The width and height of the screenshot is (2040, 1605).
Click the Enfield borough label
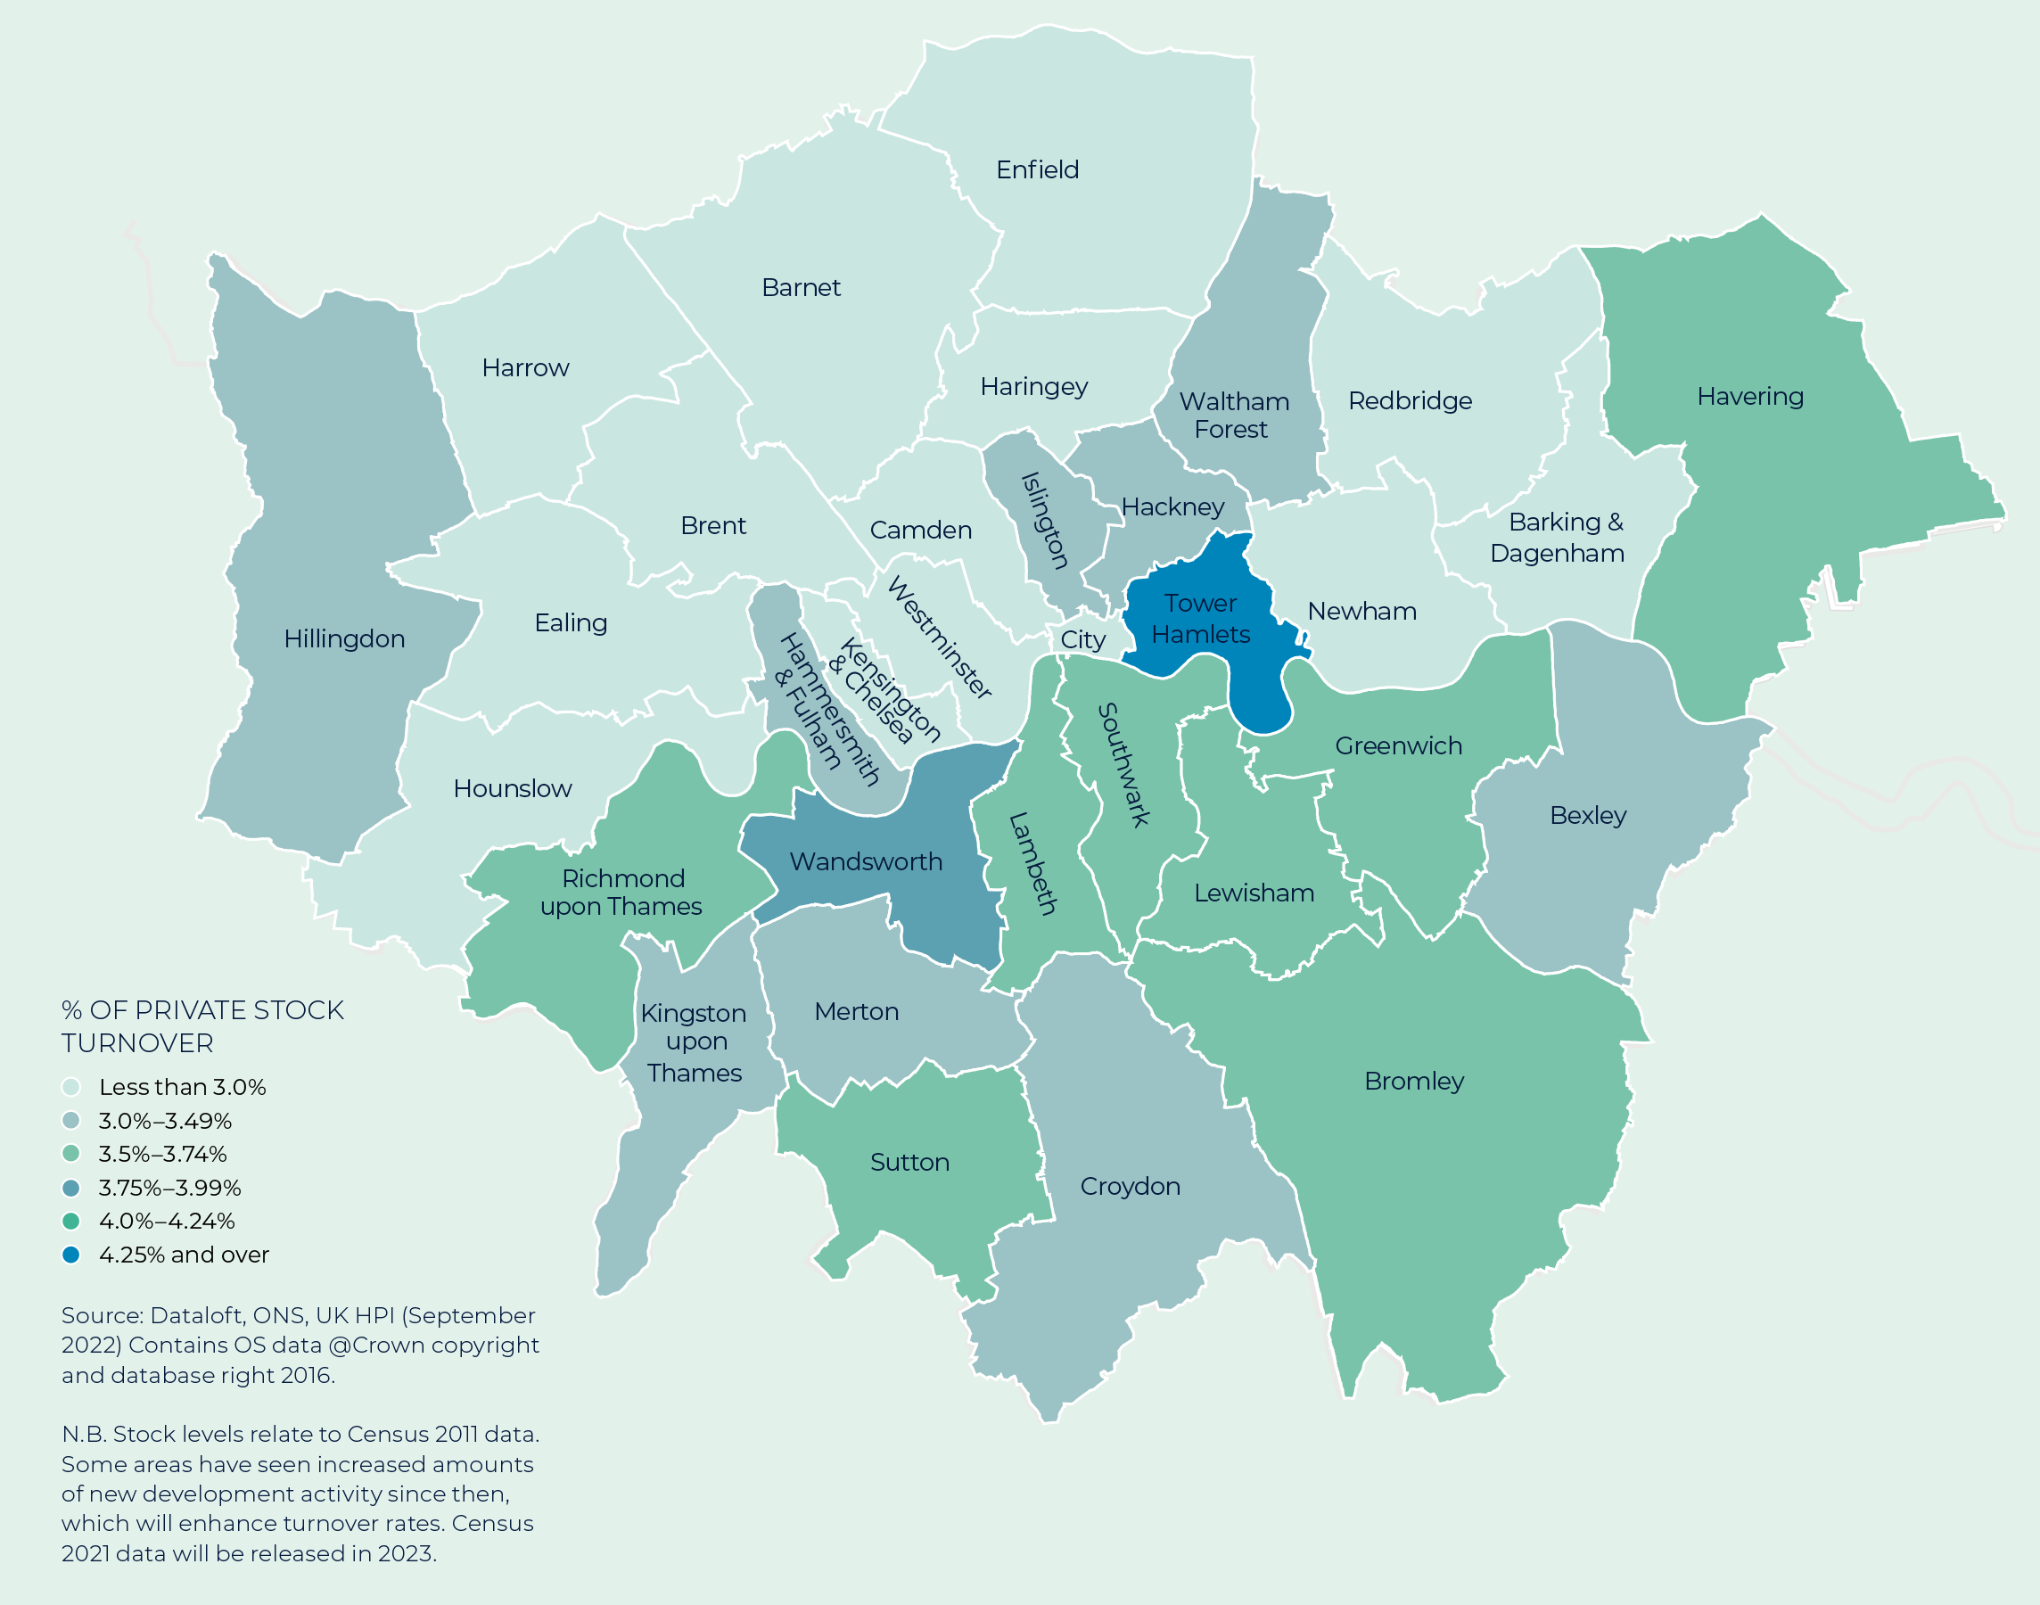(x=1037, y=170)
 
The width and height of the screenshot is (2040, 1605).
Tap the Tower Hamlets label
(x=1200, y=618)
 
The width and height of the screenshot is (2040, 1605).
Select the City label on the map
(x=1082, y=640)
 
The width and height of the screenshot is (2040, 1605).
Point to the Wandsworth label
(x=866, y=861)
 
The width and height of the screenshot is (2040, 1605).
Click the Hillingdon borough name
(x=344, y=639)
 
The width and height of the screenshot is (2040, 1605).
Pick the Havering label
(x=1749, y=397)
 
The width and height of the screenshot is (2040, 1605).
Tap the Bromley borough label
(x=1413, y=1081)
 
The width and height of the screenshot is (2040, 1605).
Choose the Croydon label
(x=1130, y=1186)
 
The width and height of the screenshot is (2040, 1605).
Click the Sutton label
(x=909, y=1163)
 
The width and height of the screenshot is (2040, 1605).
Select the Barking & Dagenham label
(x=1557, y=538)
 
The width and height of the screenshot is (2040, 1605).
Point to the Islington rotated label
(x=1045, y=521)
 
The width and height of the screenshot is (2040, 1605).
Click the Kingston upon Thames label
(x=695, y=1042)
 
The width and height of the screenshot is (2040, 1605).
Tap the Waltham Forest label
(x=1233, y=416)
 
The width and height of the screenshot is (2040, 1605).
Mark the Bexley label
(x=1587, y=815)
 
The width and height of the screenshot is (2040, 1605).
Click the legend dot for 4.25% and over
(x=70, y=1255)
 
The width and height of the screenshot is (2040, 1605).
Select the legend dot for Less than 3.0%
(x=70, y=1087)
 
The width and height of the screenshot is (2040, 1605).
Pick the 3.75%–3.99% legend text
(x=170, y=1188)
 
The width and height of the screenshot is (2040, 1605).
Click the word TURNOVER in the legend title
(x=137, y=1043)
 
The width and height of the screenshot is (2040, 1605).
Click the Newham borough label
(x=1361, y=612)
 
